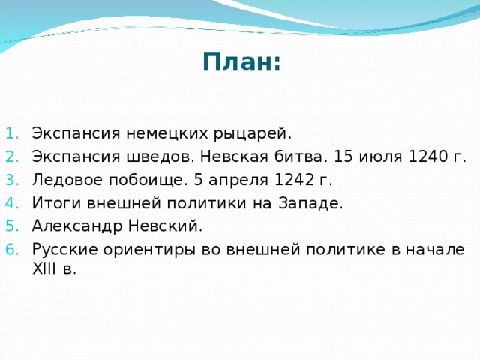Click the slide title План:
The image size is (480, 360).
click(x=241, y=61)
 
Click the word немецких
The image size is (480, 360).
click(x=163, y=134)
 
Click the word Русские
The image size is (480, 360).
click(x=60, y=250)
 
